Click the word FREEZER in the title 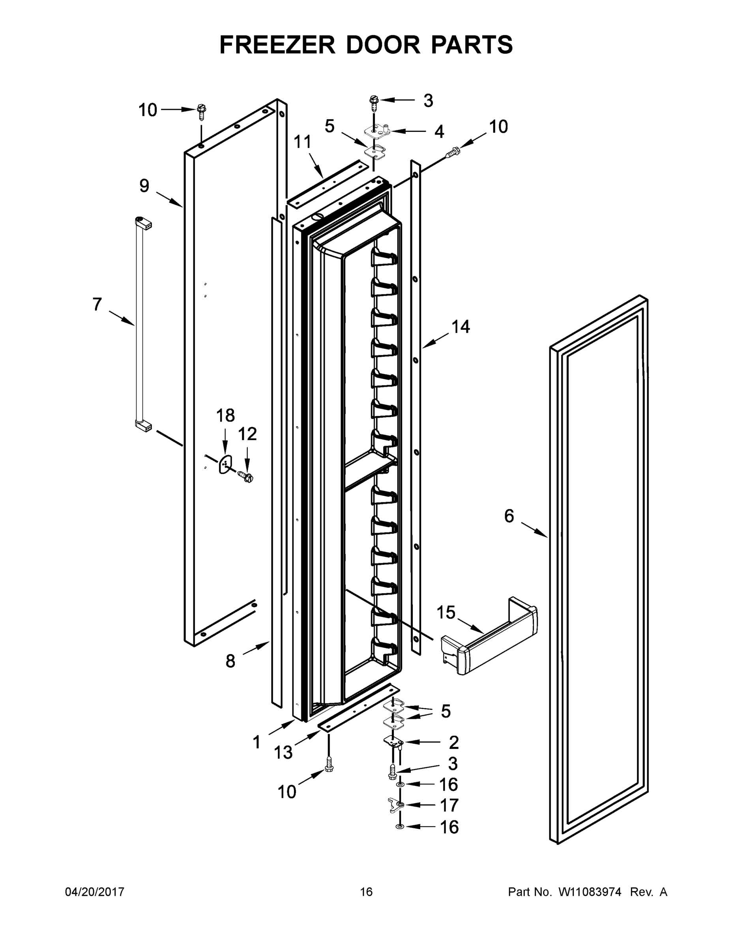coord(277,45)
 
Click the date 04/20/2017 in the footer coord(95,892)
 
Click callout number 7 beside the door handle coord(97,304)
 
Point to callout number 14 coord(461,327)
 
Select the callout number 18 coord(225,416)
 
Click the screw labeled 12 coord(246,477)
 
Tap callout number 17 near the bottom coord(449,805)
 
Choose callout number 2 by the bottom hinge coord(453,743)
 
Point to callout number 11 coord(302,142)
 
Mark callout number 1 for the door coord(257,743)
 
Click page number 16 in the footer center coord(366,892)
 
